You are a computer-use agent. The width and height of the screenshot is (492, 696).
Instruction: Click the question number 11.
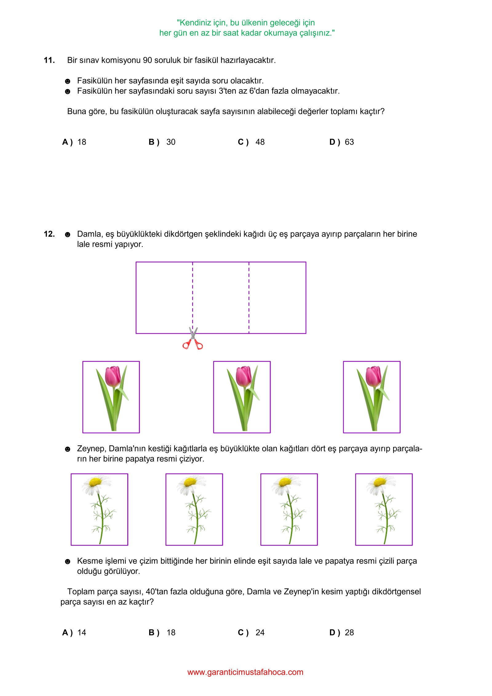(x=49, y=60)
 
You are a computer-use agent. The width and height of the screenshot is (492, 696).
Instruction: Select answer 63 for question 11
(x=349, y=142)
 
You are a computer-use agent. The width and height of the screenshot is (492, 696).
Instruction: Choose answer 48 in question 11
(x=260, y=142)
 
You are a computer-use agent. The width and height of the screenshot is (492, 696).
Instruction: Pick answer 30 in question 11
(x=171, y=142)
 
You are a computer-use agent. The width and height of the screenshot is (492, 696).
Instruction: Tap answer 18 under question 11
(x=82, y=142)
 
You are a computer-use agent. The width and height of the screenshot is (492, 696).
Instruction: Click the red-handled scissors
(x=193, y=339)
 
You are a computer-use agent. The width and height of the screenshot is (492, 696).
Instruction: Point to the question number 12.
(x=49, y=234)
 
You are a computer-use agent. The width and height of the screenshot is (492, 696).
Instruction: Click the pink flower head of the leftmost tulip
(x=113, y=376)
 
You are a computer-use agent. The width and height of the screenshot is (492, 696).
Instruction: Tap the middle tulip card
(x=242, y=397)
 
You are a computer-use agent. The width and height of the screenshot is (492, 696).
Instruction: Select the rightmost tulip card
(x=371, y=397)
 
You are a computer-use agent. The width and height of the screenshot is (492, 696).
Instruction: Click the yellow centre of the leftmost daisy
(x=95, y=482)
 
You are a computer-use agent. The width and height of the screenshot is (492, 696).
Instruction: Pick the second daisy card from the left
(x=194, y=510)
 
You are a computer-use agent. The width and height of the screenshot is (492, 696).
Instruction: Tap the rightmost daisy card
(x=384, y=510)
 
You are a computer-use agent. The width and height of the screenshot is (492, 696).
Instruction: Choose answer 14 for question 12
(x=82, y=633)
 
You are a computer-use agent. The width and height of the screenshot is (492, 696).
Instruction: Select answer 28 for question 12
(x=349, y=633)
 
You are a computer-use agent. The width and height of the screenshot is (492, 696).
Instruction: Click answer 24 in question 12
(x=260, y=633)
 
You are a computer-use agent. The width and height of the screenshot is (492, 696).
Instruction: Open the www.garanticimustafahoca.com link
(x=245, y=672)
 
